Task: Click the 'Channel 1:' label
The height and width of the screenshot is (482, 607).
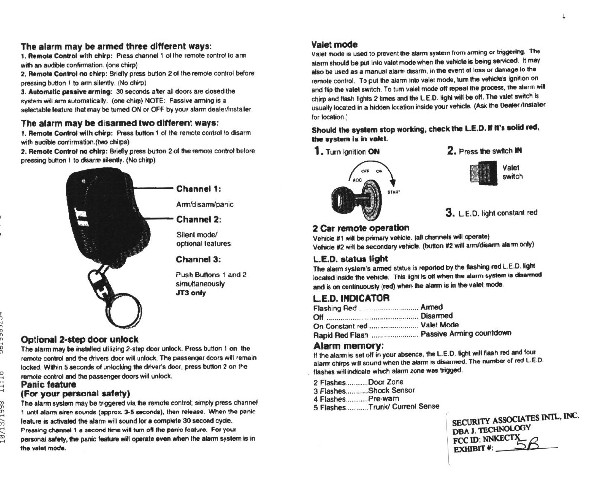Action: [198, 189]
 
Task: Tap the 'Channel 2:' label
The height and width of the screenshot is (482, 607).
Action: [198, 219]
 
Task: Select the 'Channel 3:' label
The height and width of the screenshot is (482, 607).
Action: [198, 259]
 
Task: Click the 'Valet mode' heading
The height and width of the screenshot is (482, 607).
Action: [334, 44]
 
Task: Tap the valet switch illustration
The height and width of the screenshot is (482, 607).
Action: [482, 173]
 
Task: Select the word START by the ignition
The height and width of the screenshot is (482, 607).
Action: [394, 192]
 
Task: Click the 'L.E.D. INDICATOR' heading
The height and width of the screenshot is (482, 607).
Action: [351, 298]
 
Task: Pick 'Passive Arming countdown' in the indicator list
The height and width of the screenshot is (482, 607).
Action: [466, 333]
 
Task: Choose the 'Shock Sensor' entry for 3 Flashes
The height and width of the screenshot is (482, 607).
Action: [391, 390]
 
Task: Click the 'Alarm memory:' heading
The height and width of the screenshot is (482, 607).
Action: [349, 346]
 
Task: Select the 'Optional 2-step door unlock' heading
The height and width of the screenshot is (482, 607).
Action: [80, 340]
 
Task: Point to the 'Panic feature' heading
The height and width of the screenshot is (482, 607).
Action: [49, 385]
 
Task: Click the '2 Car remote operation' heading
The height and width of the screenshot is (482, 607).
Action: [361, 228]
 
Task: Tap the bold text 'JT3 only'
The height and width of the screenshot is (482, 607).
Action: [191, 293]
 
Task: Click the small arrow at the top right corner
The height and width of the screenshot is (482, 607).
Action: [563, 17]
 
